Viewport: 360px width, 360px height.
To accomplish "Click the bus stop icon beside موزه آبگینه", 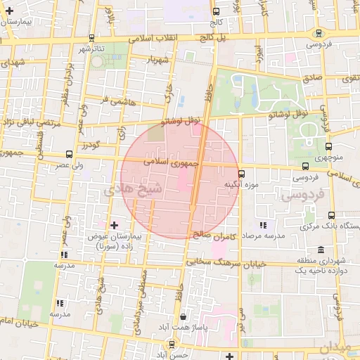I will click(241, 173).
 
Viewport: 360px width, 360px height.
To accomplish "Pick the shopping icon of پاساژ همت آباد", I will click(184, 317).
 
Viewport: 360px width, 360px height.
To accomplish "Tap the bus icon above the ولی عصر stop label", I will click(69, 154).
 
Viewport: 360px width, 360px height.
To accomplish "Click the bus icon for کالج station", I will click(216, 11).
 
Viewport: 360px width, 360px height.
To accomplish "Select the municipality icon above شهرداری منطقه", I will click(321, 250).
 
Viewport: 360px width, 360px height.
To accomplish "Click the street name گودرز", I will click(92, 145).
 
